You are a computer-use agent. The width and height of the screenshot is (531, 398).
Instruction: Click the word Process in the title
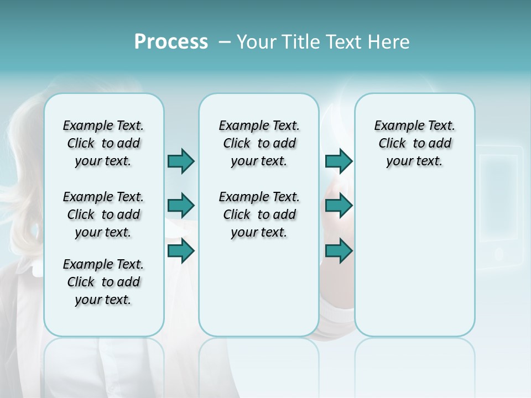tap(171, 42)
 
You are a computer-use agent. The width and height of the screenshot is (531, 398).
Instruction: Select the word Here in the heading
tap(389, 42)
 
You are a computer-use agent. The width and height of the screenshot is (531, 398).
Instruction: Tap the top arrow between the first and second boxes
tap(181, 161)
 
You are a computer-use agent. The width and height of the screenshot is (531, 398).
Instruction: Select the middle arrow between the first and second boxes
tap(181, 206)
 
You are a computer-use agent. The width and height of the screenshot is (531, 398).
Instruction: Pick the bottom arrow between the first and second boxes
tap(181, 251)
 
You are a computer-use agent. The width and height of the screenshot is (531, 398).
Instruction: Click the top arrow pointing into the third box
tap(339, 161)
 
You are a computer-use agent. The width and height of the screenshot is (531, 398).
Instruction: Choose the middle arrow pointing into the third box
tap(339, 206)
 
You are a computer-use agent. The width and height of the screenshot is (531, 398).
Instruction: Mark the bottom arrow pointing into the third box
tap(339, 251)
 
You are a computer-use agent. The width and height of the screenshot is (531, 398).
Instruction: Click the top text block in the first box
tap(103, 143)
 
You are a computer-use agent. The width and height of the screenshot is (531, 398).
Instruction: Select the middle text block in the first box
tap(103, 214)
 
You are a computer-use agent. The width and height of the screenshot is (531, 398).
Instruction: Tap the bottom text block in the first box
tap(103, 282)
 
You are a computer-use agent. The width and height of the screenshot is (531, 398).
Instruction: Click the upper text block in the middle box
tap(259, 143)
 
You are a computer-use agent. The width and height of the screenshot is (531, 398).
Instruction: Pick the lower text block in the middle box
tap(259, 214)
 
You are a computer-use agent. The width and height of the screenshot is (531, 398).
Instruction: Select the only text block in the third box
tap(414, 143)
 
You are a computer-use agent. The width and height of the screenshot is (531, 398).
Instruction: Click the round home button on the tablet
tap(498, 254)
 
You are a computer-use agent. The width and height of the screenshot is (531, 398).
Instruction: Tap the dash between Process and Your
tap(225, 42)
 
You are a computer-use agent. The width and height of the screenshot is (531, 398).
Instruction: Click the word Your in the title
tap(257, 42)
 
